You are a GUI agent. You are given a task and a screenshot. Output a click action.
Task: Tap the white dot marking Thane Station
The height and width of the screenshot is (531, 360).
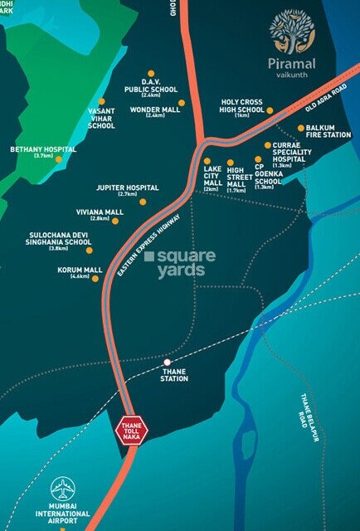pos(168,363)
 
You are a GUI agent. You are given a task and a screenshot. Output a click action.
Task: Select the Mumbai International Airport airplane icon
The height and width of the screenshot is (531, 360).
pos(62,488)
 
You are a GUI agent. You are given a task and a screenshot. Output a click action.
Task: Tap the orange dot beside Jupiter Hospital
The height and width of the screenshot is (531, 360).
pos(143,202)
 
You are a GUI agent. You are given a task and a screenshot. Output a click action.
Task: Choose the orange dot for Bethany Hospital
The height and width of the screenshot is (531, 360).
pos(58,159)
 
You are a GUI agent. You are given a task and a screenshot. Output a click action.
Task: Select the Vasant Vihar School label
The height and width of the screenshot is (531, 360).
pos(101,119)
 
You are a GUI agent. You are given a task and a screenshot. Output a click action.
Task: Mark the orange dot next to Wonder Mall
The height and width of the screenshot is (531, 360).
pos(182,103)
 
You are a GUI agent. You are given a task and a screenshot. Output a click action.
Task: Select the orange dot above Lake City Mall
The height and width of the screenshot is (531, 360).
pos(207,161)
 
